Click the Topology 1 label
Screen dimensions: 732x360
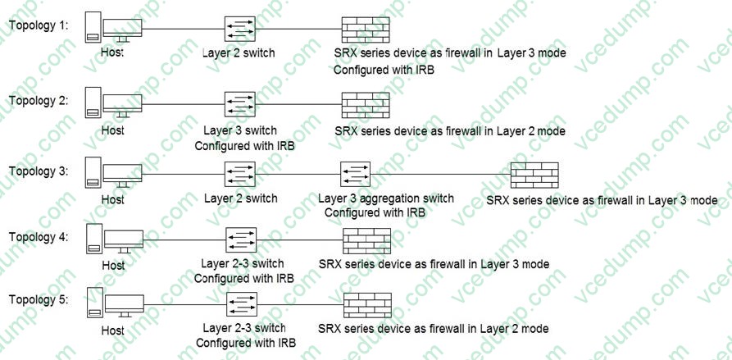(39, 25)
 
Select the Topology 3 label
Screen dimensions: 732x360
(39, 171)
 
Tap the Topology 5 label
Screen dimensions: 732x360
(39, 299)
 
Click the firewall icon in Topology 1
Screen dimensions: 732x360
(366, 29)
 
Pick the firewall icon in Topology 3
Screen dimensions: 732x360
(534, 175)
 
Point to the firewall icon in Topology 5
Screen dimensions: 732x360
(367, 305)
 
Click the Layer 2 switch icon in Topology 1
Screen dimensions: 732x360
(240, 29)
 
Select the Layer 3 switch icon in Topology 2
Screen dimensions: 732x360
(240, 103)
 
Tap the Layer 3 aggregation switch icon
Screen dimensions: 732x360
(355, 174)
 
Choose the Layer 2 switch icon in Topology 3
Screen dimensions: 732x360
(240, 174)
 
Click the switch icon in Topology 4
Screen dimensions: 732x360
(241, 240)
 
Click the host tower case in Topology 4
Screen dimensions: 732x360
(94, 239)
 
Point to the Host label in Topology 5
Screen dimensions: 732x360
(113, 331)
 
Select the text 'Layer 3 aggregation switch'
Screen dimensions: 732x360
(385, 198)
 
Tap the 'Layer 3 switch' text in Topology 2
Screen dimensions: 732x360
(240, 130)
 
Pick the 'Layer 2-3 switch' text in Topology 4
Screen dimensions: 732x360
(243, 264)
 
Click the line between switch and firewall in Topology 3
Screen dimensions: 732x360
(440, 174)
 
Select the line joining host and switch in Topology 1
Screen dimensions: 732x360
(183, 29)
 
